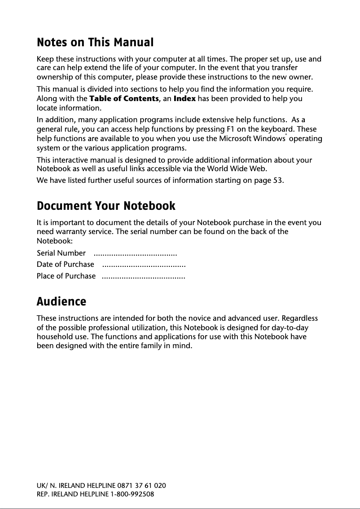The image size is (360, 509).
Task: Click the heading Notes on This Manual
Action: [95, 43]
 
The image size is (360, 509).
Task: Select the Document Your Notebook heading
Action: [106, 206]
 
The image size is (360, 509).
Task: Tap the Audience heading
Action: [61, 301]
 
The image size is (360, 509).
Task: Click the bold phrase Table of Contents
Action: [124, 98]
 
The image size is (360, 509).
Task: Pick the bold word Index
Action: [184, 98]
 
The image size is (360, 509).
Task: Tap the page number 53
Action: [278, 181]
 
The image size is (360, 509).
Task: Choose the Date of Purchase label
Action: [66, 264]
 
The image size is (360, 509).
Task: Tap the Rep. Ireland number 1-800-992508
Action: [132, 494]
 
